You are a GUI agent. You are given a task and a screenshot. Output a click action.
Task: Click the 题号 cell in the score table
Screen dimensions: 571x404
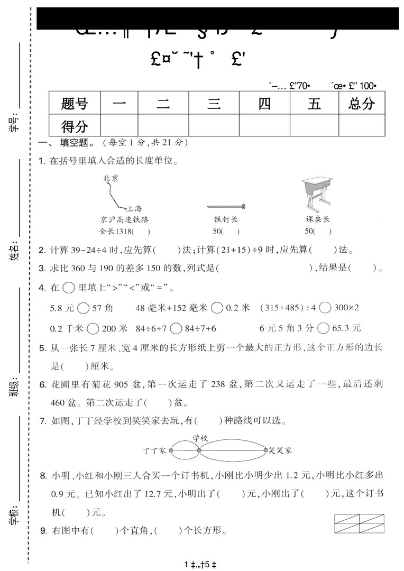point(74,103)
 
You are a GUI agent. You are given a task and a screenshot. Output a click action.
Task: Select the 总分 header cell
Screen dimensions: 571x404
point(362,103)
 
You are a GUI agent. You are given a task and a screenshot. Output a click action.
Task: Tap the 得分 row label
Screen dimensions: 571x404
point(74,126)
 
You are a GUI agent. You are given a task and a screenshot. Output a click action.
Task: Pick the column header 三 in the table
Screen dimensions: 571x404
point(214,103)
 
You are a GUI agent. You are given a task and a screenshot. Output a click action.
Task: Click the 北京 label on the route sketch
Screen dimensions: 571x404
point(111,178)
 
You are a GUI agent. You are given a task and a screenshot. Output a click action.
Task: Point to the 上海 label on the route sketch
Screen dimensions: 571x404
point(134,208)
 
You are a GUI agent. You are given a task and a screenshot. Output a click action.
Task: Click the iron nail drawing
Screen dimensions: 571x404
point(226,206)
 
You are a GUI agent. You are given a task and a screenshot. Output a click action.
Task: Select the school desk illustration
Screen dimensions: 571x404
point(317,193)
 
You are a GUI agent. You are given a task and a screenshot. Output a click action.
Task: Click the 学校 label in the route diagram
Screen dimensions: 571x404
point(200,438)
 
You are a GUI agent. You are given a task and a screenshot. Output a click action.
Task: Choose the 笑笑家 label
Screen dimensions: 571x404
point(280,450)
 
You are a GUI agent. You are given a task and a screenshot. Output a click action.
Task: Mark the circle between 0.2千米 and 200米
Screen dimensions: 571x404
point(93,328)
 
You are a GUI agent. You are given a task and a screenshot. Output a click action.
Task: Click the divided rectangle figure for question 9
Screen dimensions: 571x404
point(359,523)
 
